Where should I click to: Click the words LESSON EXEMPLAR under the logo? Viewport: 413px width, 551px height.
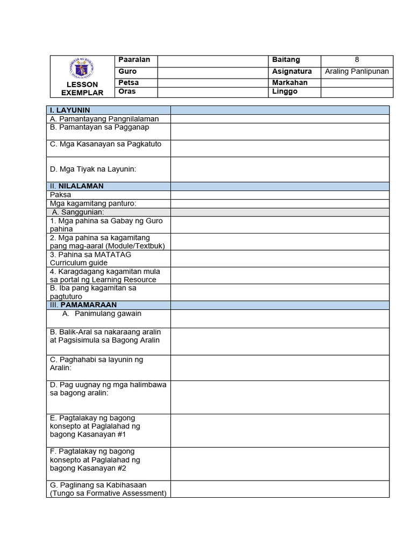(x=82, y=89)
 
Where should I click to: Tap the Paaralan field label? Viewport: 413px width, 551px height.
(x=134, y=60)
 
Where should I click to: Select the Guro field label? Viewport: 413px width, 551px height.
(x=127, y=72)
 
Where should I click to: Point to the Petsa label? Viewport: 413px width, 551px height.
(x=129, y=83)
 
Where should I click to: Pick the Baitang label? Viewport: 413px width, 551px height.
(x=286, y=60)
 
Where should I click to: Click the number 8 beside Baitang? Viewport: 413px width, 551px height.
(x=357, y=60)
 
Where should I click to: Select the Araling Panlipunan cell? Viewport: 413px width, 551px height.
(x=357, y=72)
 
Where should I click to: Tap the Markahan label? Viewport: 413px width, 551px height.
(x=290, y=83)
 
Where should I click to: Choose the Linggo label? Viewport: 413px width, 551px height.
(x=284, y=91)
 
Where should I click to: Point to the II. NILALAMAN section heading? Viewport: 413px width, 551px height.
(x=77, y=186)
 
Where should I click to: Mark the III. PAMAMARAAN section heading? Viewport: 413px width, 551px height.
(x=83, y=305)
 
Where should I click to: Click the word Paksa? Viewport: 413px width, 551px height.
(x=60, y=195)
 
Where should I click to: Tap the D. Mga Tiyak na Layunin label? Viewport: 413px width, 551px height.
(x=93, y=169)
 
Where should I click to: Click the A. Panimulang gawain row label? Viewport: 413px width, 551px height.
(x=102, y=314)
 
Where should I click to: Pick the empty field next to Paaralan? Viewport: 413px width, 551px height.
(x=212, y=60)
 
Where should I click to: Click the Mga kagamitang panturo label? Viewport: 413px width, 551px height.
(x=93, y=203)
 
